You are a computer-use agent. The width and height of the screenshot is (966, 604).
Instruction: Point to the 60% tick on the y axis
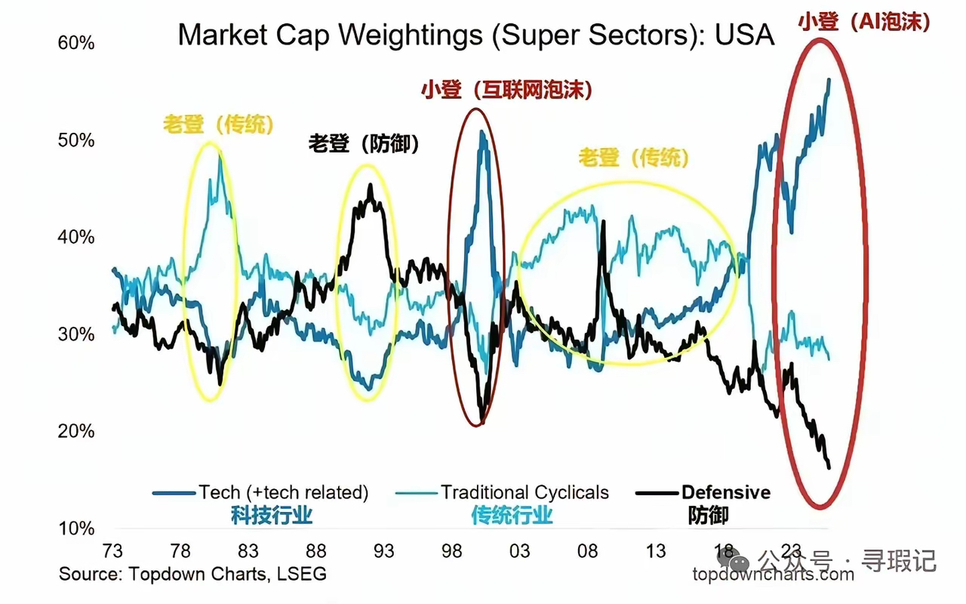point(76,43)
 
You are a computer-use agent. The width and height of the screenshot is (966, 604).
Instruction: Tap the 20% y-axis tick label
point(76,432)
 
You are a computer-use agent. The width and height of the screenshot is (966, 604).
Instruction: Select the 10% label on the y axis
point(76,528)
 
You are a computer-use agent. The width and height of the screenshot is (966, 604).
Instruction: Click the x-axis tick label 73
point(112,550)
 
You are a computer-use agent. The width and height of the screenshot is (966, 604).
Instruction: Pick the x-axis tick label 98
point(451,550)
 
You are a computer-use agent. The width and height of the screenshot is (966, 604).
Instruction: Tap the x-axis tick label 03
point(519,550)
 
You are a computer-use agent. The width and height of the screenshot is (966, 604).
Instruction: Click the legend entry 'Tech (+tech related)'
point(283,493)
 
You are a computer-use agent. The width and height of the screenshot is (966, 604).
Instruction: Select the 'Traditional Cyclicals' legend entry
point(525,493)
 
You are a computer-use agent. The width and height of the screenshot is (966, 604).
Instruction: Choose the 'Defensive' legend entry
point(726,493)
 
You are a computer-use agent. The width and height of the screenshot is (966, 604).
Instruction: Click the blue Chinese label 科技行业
point(272,516)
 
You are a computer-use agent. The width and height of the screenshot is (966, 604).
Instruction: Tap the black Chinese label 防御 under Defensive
point(708,516)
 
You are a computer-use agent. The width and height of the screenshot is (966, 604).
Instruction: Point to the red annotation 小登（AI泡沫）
point(863,22)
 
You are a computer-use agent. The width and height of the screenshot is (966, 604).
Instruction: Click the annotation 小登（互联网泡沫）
point(506,91)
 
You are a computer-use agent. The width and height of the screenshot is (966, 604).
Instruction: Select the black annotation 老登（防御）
point(363,143)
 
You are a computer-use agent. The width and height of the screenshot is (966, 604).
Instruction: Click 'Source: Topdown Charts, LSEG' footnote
point(193,574)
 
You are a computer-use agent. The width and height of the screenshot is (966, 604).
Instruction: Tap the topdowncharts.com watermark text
point(774,575)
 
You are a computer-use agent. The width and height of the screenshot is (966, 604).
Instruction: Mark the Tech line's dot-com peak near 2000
point(481,132)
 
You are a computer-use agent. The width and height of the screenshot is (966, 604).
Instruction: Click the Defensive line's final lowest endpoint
point(829,468)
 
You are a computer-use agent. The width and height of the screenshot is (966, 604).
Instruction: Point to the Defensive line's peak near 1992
point(370,185)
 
